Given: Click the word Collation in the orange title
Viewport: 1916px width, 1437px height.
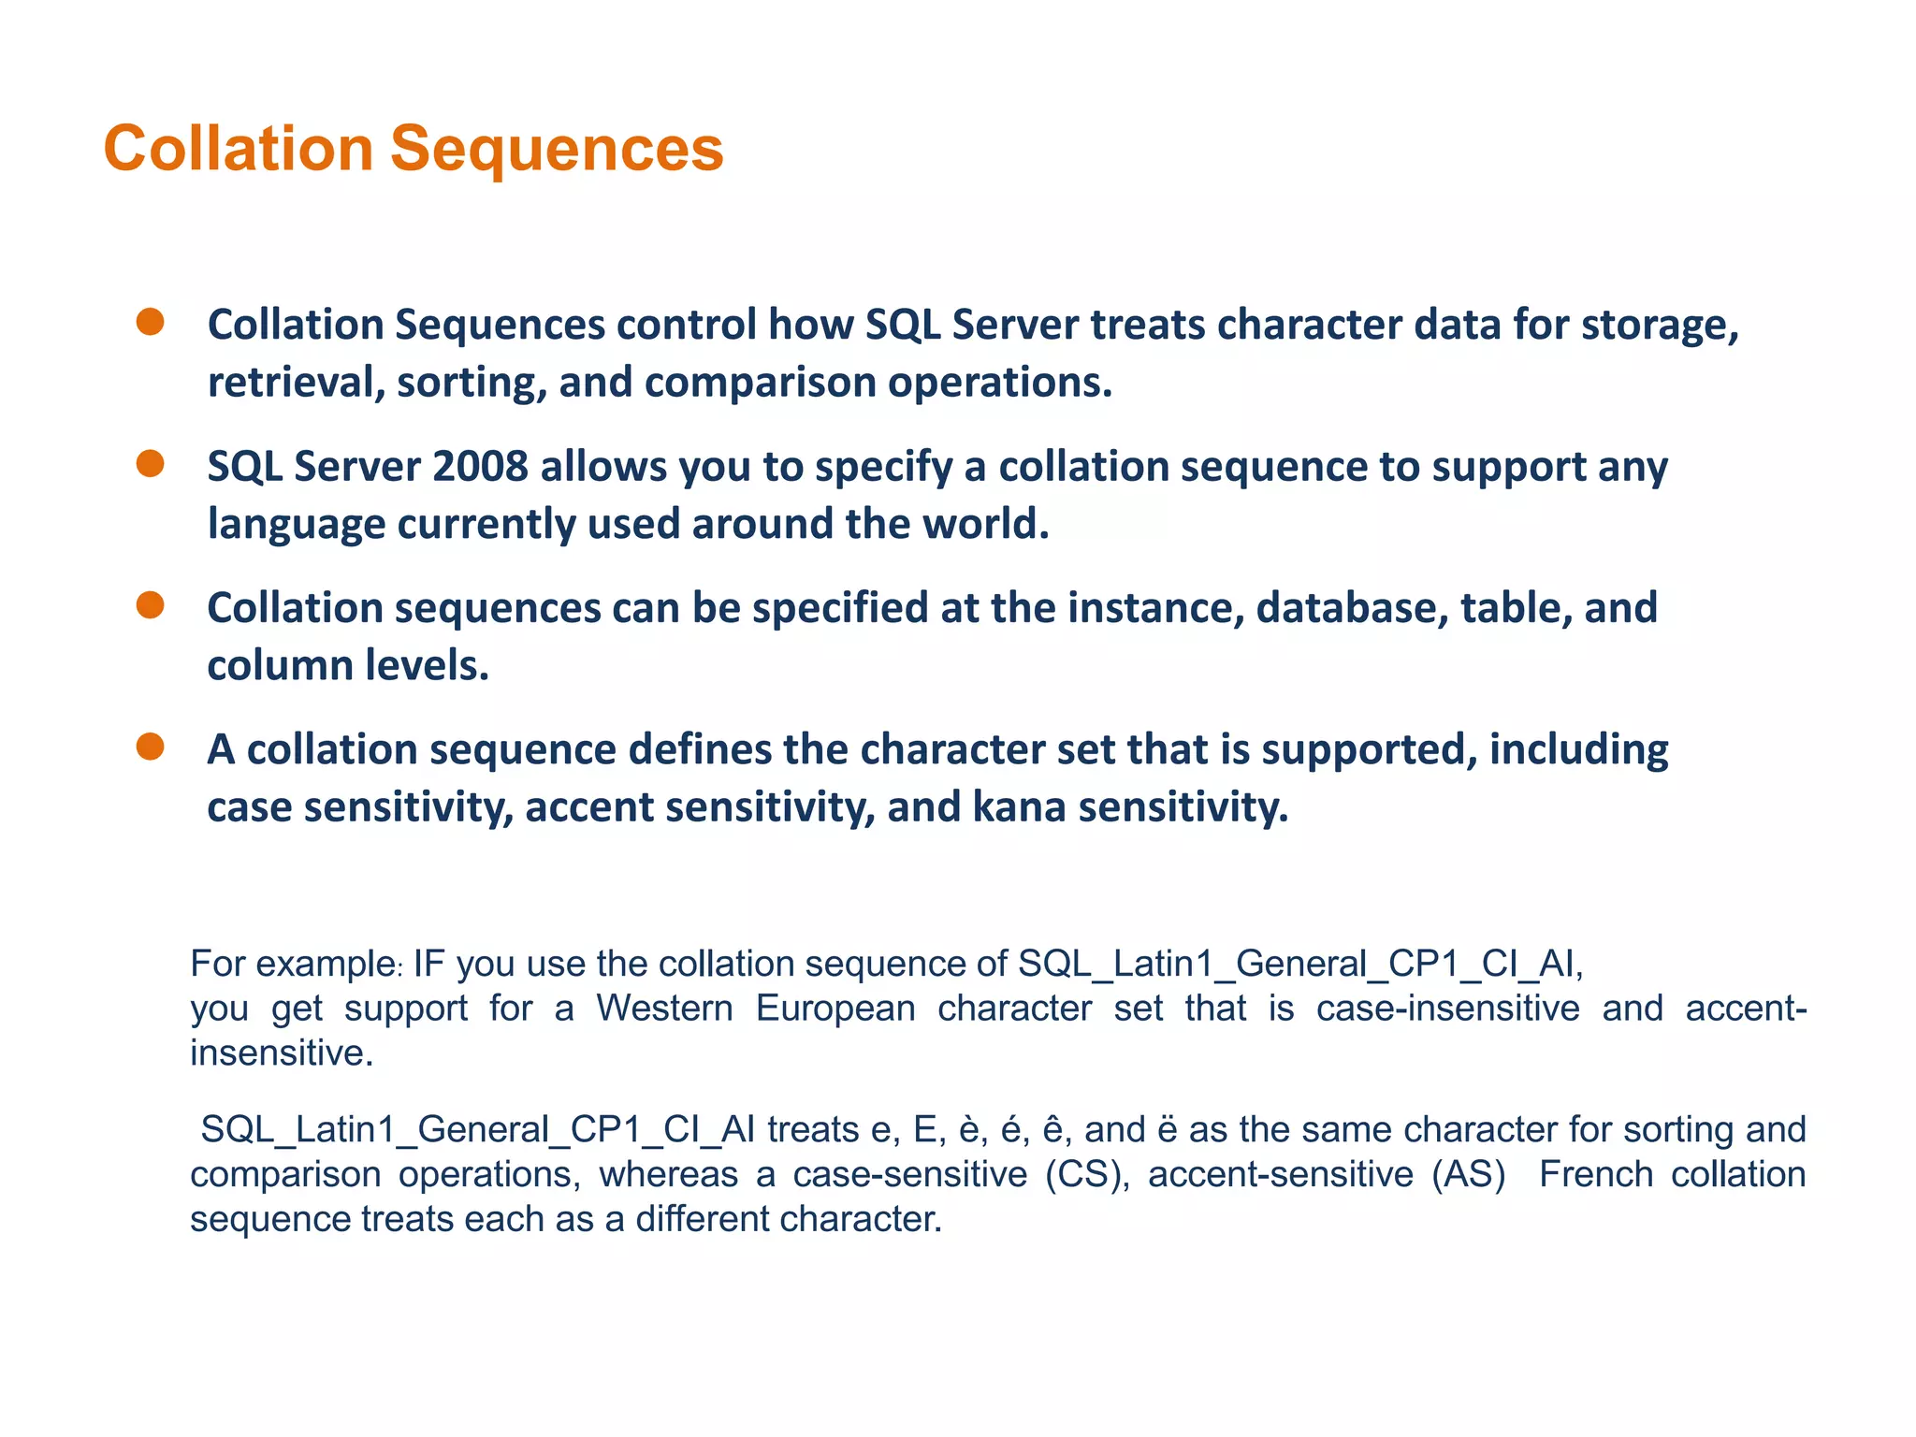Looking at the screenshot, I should pos(238,149).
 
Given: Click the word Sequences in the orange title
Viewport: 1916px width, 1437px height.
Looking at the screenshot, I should pos(557,149).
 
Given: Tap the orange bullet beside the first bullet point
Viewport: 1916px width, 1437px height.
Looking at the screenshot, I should pos(150,323).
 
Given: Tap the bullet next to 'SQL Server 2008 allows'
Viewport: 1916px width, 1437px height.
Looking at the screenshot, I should pos(150,464).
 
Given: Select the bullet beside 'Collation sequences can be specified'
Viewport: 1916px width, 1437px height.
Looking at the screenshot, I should pos(150,605).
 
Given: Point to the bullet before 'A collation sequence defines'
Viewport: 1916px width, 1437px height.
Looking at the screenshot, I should pos(150,747).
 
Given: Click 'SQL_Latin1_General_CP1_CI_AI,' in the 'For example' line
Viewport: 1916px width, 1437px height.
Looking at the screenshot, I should pos(1300,964).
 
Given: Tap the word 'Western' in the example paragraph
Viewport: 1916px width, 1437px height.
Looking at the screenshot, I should pos(664,1009).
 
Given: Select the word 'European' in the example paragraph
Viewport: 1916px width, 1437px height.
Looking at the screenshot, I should pos(835,1009).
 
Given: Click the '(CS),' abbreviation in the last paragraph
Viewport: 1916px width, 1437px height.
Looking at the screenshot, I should pos(1087,1174).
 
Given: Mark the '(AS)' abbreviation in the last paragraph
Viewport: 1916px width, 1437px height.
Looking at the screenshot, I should pos(1469,1174).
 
